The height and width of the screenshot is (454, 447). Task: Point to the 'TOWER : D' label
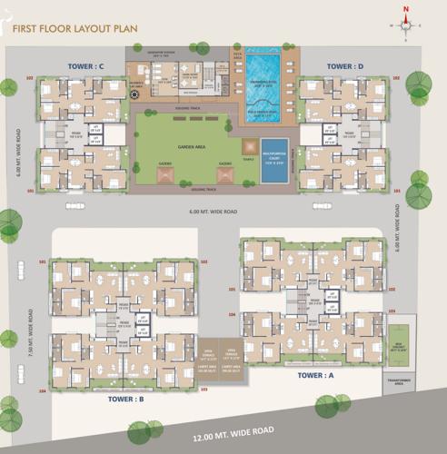coord(345,66)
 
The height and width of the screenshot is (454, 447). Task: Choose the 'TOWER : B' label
coord(127,399)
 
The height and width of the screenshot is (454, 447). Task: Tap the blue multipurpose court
coord(273,161)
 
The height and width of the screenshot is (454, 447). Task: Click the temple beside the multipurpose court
coord(248,147)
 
